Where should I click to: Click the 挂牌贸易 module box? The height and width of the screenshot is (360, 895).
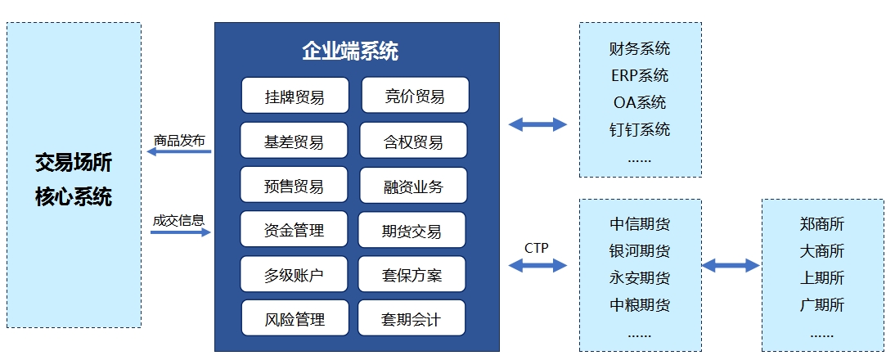295,95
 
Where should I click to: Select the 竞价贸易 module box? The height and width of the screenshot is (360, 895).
415,95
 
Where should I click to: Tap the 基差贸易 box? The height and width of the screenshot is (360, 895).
294,140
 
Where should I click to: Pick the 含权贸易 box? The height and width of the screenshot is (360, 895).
413,140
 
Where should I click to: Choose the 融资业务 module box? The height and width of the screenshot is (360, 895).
413,186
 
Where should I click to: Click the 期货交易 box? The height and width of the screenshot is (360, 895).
412,230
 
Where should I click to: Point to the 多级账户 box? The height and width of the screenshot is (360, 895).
294,274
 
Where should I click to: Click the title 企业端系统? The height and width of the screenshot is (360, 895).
350,52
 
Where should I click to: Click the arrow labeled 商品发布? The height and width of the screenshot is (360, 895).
178,151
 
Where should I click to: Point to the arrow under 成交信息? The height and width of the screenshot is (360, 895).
180,232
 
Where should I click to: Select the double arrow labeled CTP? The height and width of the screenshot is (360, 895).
537,265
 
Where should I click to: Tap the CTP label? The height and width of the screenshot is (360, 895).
537,248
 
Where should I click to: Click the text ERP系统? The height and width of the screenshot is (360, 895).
639,75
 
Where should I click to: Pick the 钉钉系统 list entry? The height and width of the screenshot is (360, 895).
639,129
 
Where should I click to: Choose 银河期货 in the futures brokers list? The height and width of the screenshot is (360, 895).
639,250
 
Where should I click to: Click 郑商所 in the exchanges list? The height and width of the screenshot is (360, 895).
822,223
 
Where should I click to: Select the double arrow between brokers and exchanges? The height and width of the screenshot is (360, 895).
730,265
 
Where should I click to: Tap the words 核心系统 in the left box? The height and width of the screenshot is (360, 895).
73,196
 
